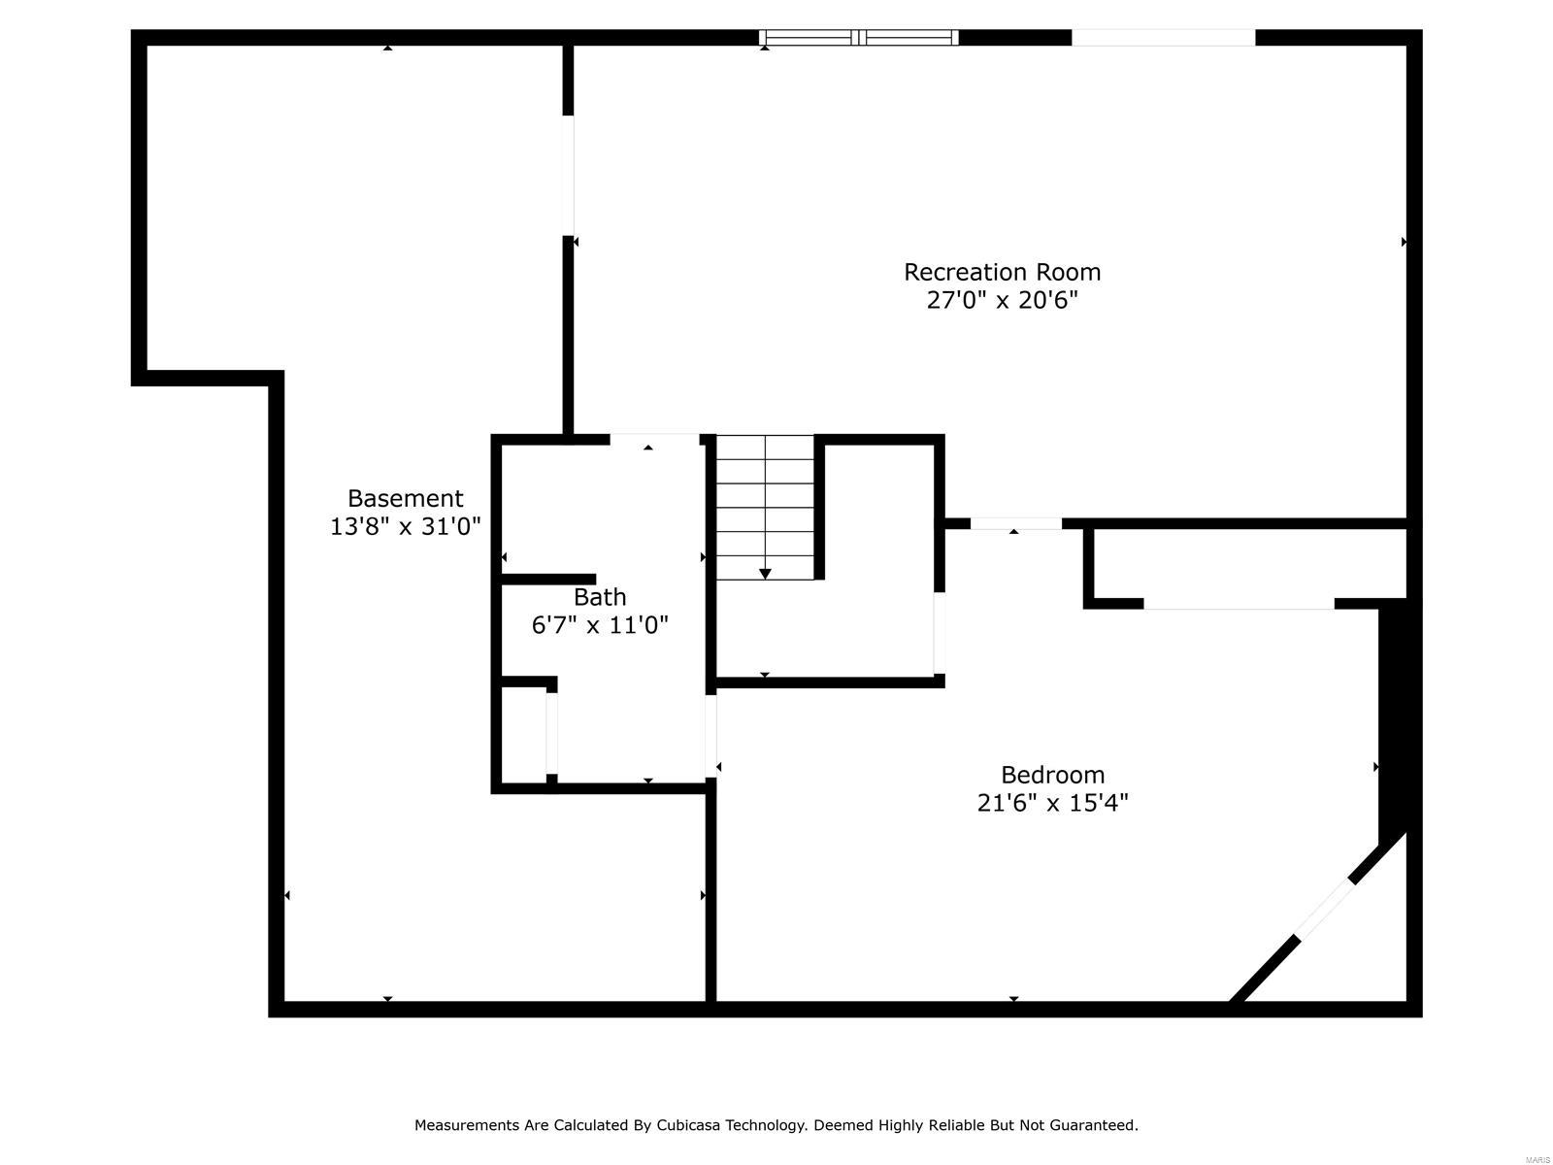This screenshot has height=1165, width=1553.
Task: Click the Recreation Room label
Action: click(x=1002, y=272)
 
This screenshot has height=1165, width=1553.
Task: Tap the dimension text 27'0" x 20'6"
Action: click(x=1002, y=300)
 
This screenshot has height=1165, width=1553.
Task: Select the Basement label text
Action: click(x=405, y=498)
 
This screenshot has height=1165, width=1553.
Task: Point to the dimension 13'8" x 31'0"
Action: click(x=405, y=526)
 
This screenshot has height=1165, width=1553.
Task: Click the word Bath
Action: click(x=599, y=596)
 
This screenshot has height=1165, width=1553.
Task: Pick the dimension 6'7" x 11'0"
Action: click(x=599, y=624)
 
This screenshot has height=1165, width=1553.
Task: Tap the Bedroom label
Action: click(x=1052, y=775)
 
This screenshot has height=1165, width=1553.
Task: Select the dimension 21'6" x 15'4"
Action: click(x=1052, y=803)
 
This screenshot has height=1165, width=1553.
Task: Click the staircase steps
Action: click(x=765, y=495)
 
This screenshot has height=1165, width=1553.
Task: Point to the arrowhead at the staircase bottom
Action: click(x=765, y=574)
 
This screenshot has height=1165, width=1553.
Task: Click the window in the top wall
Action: click(x=858, y=38)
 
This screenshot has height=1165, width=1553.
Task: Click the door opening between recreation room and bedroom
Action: click(x=1015, y=523)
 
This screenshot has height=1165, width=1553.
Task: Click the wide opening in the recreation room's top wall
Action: click(x=1163, y=38)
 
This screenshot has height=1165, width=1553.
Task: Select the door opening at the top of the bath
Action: click(x=654, y=440)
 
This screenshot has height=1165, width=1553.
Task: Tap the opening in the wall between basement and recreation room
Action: click(x=568, y=175)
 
